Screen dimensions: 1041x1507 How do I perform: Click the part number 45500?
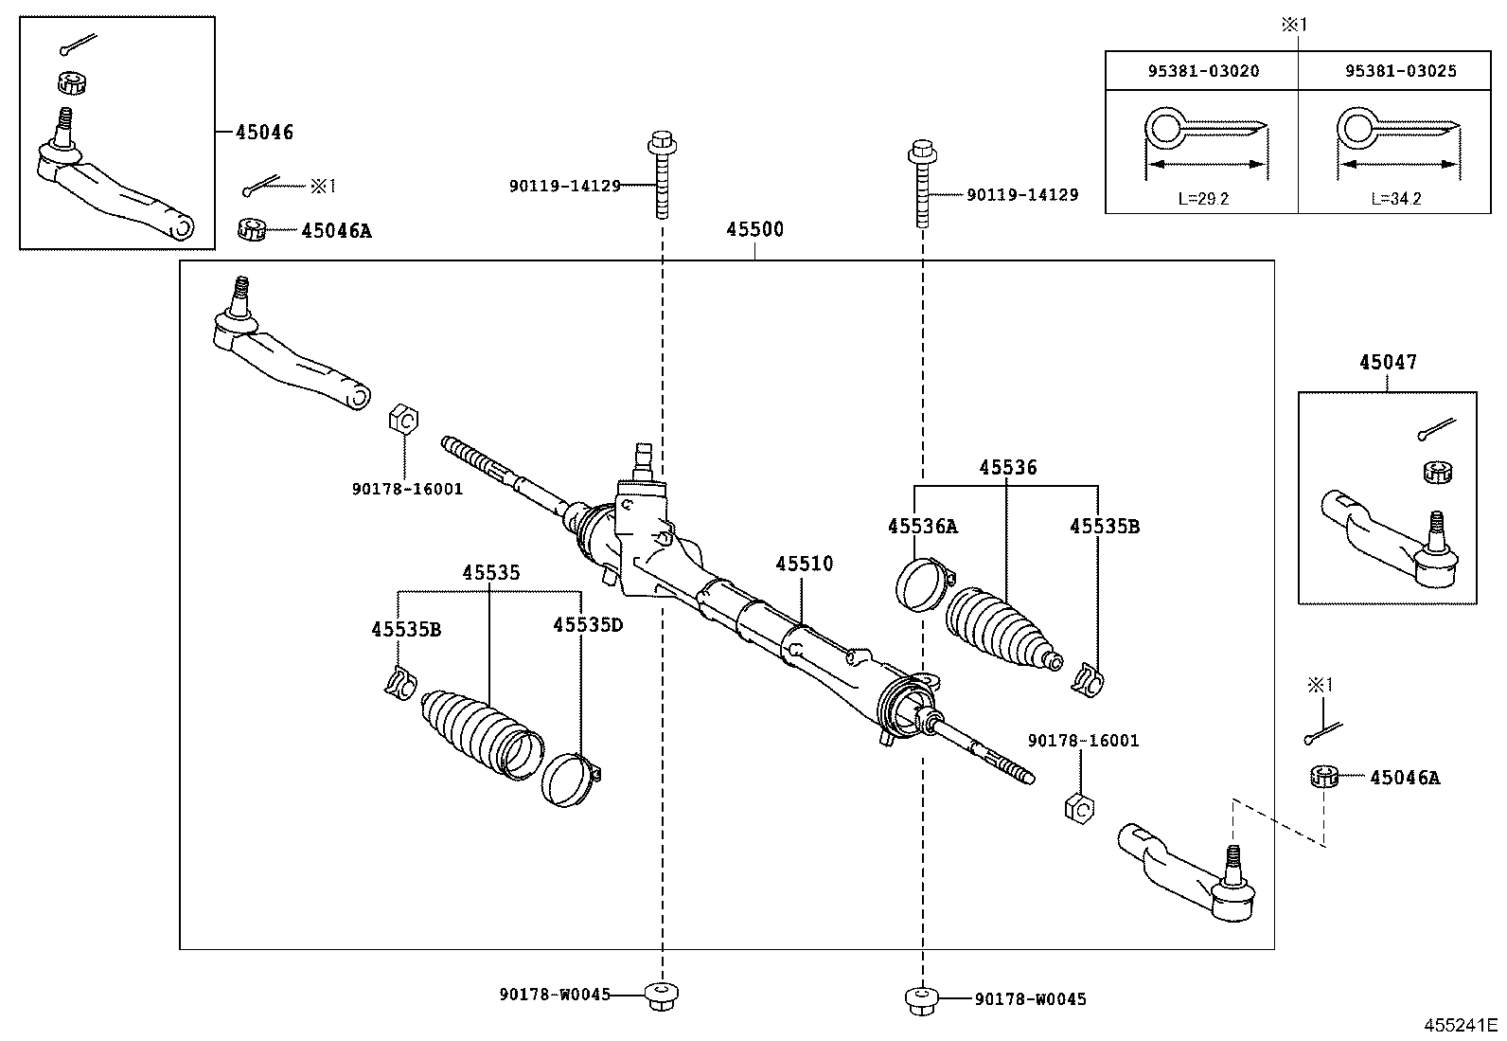(754, 230)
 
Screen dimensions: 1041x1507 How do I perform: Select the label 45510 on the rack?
(804, 565)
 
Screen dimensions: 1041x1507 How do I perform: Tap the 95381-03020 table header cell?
(1202, 71)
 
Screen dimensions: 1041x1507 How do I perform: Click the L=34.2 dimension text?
(1395, 199)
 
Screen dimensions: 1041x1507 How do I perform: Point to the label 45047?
(1388, 362)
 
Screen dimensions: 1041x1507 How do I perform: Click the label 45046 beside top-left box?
(264, 133)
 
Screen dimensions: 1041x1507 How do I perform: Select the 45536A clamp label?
(922, 527)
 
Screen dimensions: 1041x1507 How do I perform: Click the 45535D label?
(588, 625)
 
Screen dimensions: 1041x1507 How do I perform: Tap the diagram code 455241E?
(1462, 1026)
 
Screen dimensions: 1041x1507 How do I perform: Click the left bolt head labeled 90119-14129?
(661, 148)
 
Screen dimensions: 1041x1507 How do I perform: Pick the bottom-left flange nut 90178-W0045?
(662, 995)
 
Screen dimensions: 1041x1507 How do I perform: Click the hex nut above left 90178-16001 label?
(403, 418)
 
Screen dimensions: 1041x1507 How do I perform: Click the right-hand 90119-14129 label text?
(1021, 195)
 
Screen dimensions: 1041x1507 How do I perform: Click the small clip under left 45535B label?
(399, 683)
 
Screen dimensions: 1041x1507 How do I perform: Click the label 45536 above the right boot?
(1007, 468)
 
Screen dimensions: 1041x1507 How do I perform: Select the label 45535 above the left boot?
(490, 573)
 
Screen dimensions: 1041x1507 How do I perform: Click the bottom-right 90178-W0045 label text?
(1030, 999)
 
